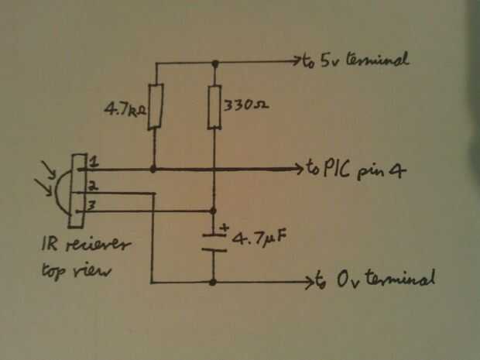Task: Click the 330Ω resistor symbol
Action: (214, 107)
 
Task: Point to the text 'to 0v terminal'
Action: (375, 279)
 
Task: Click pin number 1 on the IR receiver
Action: (94, 163)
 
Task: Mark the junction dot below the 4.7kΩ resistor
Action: (155, 168)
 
